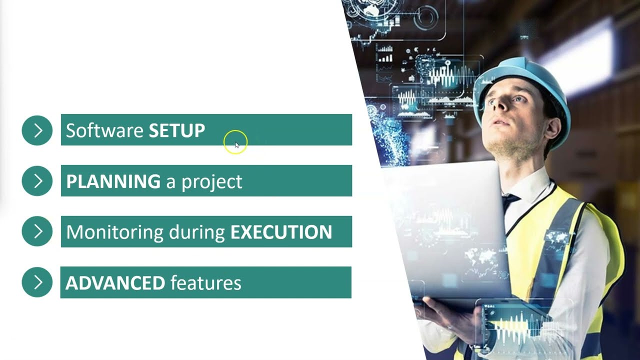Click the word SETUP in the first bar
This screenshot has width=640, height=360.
click(x=177, y=130)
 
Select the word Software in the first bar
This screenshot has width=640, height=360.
click(x=105, y=130)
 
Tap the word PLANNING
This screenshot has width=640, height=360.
click(x=113, y=181)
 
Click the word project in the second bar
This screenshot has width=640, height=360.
click(x=211, y=182)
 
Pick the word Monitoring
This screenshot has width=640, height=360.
click(x=114, y=232)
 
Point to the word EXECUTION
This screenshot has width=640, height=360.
click(x=281, y=232)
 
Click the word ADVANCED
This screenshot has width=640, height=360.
click(x=115, y=283)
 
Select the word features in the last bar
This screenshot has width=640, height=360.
click(x=205, y=283)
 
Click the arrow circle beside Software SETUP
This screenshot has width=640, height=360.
click(x=37, y=130)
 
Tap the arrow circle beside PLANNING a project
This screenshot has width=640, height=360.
click(x=37, y=181)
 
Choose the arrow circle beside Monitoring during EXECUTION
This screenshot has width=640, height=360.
click(x=37, y=231)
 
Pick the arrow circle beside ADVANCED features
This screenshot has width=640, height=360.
click(x=37, y=282)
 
